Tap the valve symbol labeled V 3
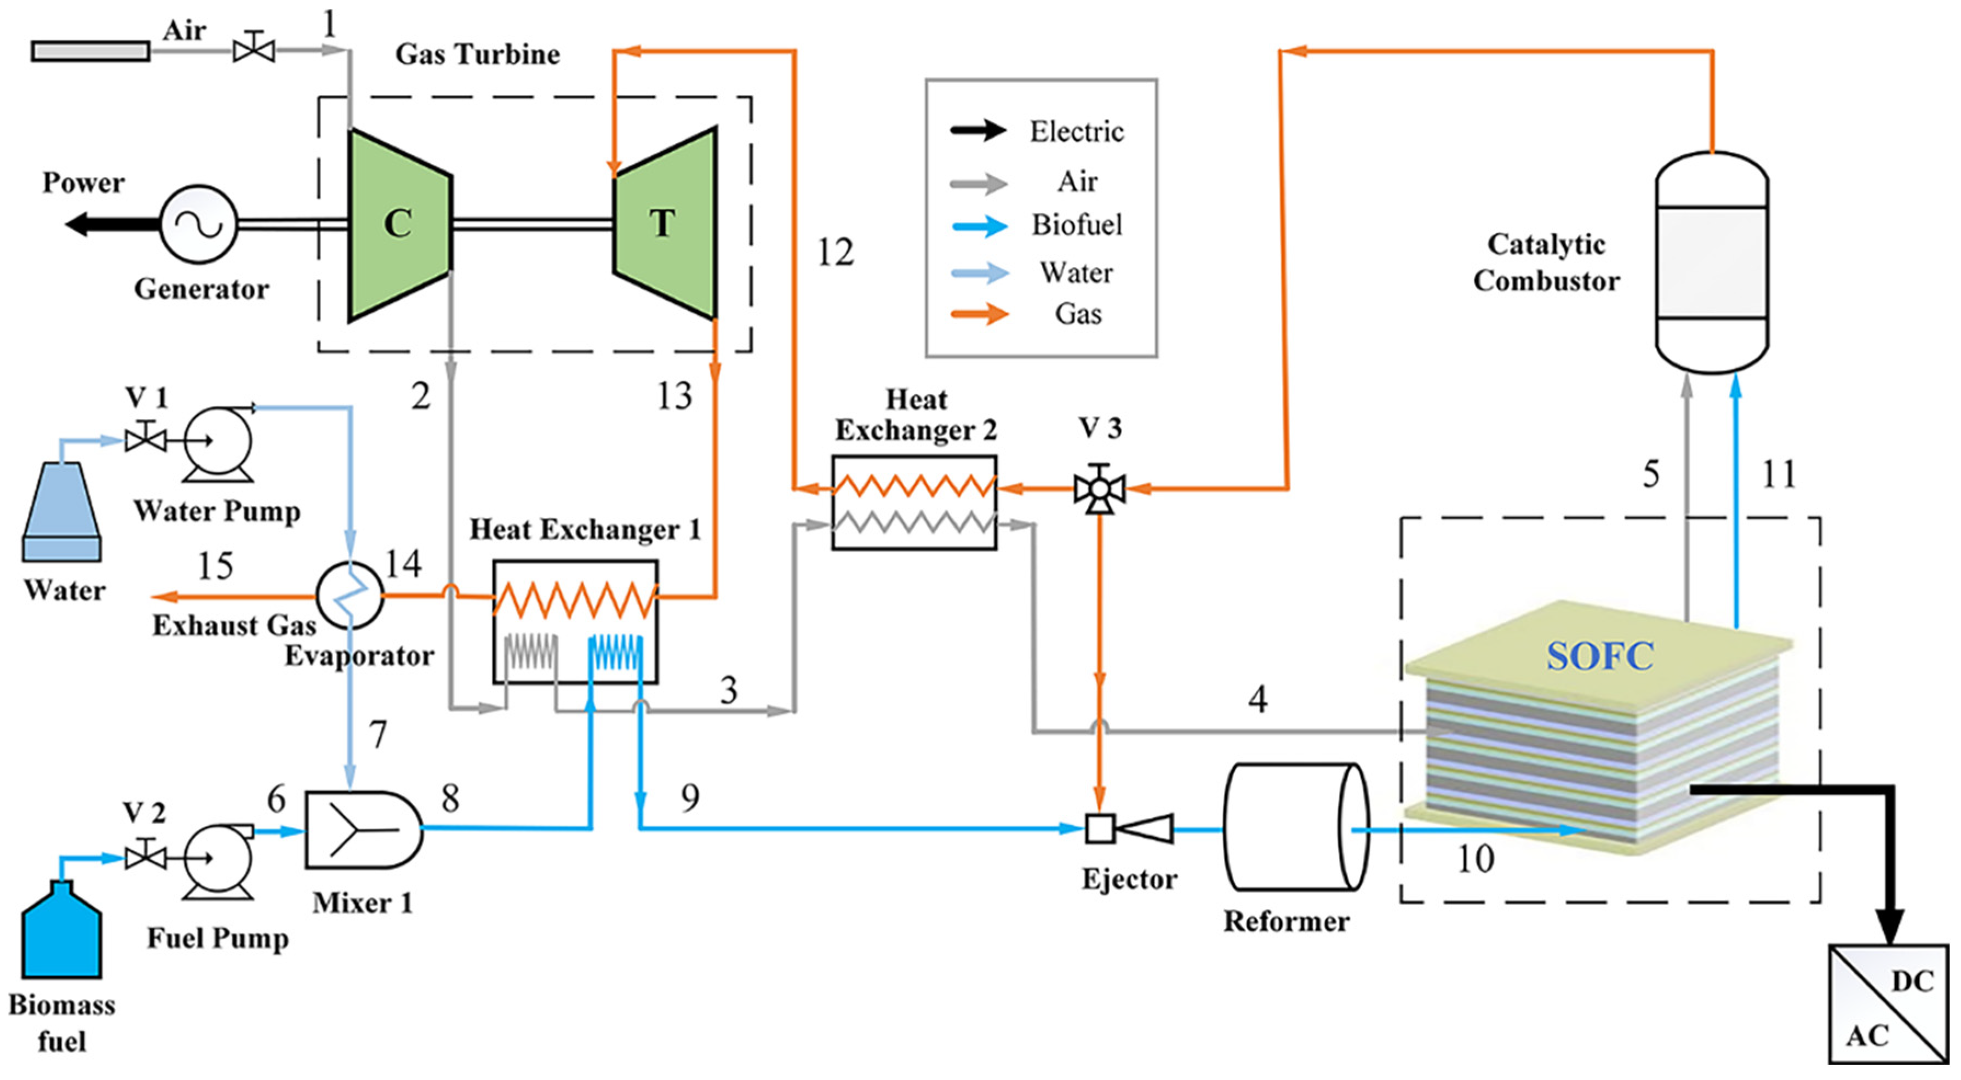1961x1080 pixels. tap(1099, 489)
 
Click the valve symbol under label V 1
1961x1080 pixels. tap(145, 439)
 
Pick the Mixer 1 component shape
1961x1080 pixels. tap(361, 830)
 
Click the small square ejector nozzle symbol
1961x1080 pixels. tap(1099, 828)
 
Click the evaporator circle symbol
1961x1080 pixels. tap(350, 596)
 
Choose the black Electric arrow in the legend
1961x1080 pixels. tap(978, 130)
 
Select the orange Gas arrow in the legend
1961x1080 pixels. tap(978, 313)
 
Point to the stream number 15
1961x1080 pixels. tap(215, 565)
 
